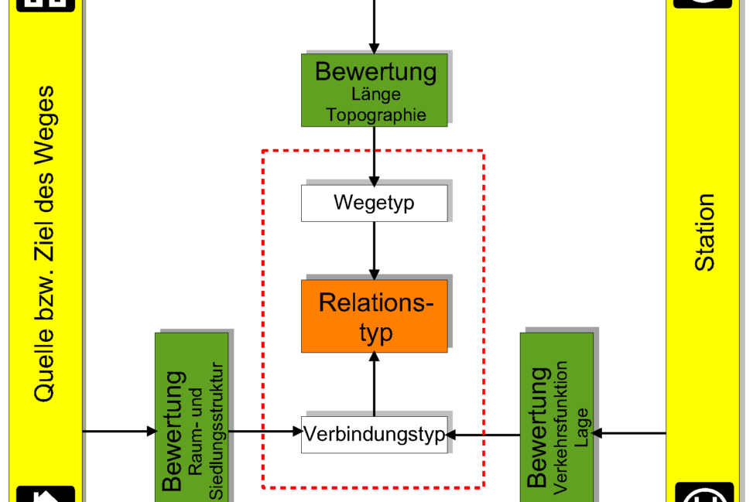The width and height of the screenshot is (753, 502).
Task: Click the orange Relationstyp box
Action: [375, 316]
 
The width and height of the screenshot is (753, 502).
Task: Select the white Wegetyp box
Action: [375, 203]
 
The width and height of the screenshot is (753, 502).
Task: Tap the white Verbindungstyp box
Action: [375, 434]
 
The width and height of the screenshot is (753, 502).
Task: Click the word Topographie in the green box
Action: [376, 114]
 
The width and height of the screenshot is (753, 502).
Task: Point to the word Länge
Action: [376, 94]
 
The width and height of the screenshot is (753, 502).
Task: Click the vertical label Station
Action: [705, 232]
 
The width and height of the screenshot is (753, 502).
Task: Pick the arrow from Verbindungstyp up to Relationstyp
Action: [375, 384]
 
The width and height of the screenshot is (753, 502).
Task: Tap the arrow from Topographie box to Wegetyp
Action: [375, 155]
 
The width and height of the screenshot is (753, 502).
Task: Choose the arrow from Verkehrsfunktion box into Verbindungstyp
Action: [484, 435]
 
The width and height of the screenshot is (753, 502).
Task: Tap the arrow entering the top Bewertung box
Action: [375, 26]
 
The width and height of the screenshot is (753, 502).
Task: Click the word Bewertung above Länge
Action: [376, 72]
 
